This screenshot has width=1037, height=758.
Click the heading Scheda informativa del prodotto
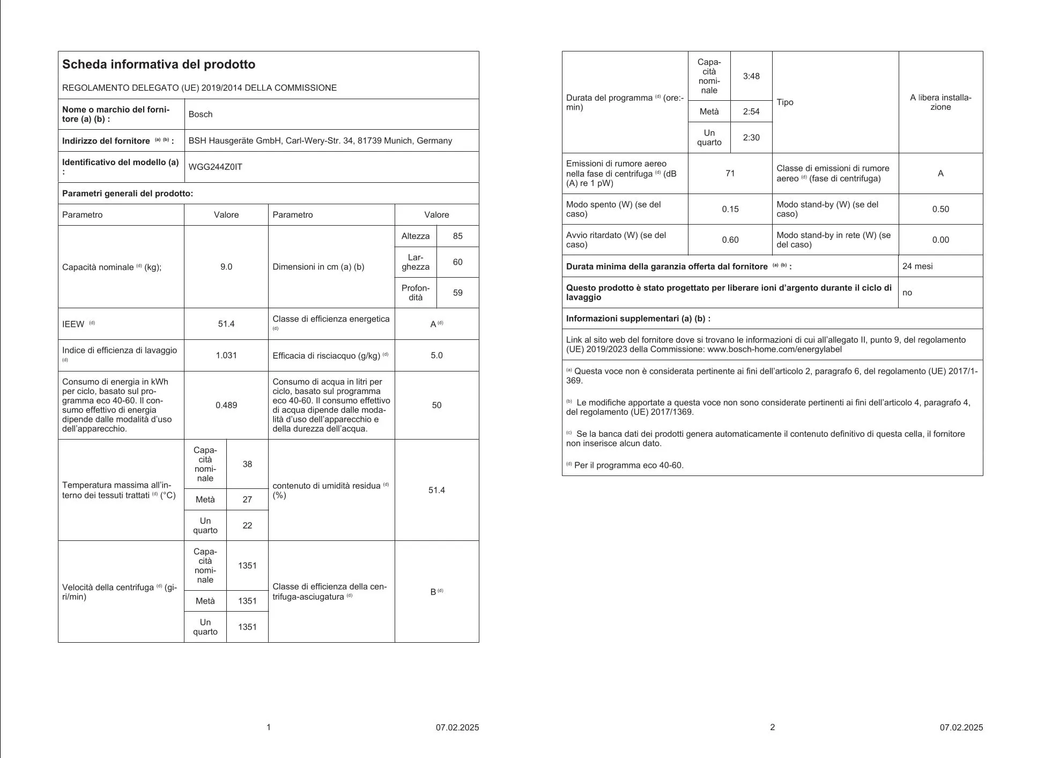(159, 64)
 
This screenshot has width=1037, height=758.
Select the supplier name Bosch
(201, 114)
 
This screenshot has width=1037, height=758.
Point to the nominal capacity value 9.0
(226, 267)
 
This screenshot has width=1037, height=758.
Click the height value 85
(457, 236)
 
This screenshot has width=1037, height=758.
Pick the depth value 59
(457, 293)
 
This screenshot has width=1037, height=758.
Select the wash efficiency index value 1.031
(226, 355)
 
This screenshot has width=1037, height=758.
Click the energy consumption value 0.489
(226, 405)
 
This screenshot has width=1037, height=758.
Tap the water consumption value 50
(436, 405)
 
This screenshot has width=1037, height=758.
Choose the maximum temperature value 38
(247, 464)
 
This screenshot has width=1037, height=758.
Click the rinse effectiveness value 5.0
(436, 355)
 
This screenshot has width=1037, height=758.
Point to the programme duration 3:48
(751, 76)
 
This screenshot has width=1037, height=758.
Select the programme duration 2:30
(751, 138)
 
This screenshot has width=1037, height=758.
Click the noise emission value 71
(730, 174)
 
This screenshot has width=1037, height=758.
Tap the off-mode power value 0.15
(730, 209)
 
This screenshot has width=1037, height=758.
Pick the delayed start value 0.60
(730, 240)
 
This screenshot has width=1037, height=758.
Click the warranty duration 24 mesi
(917, 266)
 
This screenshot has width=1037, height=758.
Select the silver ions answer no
(907, 293)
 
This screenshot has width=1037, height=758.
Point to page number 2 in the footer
(772, 727)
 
